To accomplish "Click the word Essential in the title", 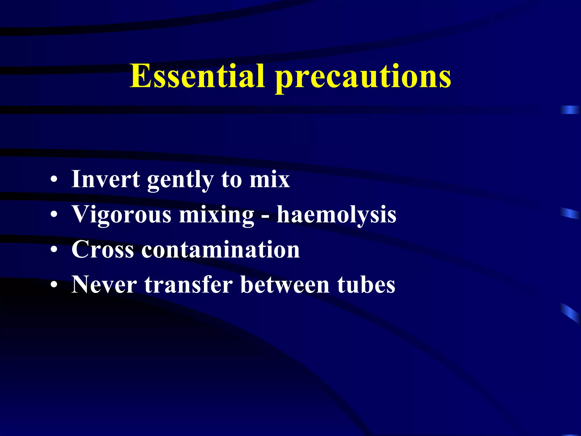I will point(197,76).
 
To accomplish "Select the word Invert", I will point(106,179).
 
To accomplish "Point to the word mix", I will point(270,179).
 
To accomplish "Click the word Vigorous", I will point(121,215).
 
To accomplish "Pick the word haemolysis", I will point(336,215).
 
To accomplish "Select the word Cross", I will point(103,249).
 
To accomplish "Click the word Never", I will point(104,284).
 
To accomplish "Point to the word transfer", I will point(189,284).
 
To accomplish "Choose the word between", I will point(285,284).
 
